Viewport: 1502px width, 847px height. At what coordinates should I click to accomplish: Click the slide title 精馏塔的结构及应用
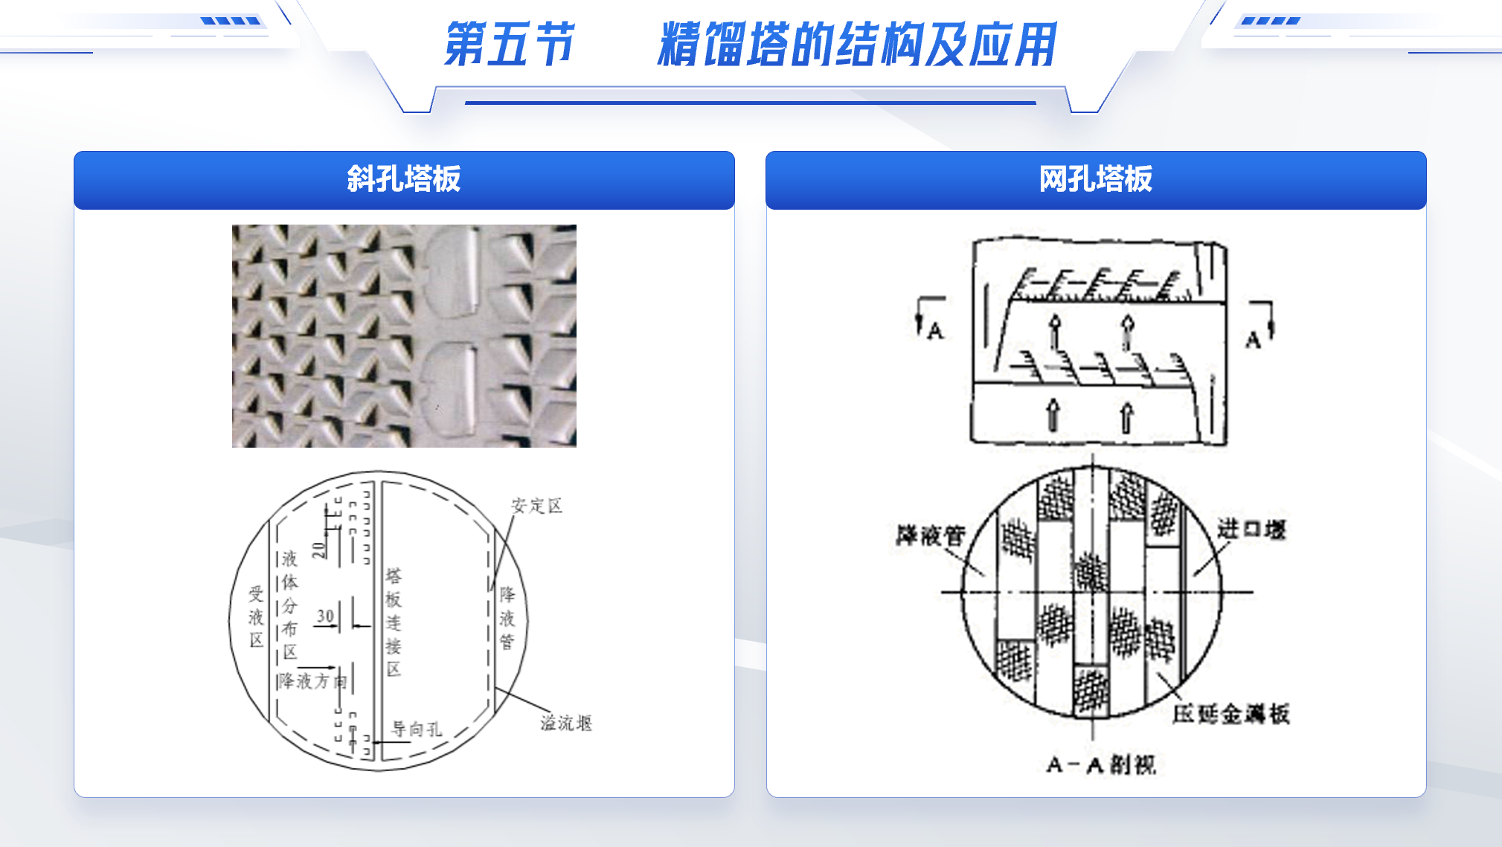coord(856,45)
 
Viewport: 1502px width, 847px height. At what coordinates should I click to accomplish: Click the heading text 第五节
coord(509,45)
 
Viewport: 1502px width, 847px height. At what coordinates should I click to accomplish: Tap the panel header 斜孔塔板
coord(404,179)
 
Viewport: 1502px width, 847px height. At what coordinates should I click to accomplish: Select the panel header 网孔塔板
coord(1095,179)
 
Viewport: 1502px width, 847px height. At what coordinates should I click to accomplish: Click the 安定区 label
coord(536,506)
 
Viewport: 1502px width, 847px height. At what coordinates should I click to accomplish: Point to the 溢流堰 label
coord(566,723)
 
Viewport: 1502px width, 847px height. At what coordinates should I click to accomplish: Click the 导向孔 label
coord(417,730)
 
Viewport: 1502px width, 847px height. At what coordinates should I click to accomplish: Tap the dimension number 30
coord(325,616)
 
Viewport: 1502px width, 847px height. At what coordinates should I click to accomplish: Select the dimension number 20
coord(319,550)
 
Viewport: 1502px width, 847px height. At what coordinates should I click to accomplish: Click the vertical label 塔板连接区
coord(394,622)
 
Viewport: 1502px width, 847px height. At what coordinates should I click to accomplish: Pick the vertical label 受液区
coord(256,616)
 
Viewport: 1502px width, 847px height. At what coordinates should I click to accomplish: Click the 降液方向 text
coord(312,681)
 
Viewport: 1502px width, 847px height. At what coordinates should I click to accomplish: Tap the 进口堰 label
coord(1251,529)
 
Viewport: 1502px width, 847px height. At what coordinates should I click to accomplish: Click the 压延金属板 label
coord(1230,714)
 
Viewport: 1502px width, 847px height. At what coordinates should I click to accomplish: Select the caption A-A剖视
coord(1101,764)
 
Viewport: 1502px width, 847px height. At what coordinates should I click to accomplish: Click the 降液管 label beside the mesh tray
coord(930,535)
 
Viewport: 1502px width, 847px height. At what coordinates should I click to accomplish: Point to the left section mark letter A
coord(935,332)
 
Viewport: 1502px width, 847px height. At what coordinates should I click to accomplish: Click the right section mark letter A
coord(1254,341)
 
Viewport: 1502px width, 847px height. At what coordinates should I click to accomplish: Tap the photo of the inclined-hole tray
coord(404,336)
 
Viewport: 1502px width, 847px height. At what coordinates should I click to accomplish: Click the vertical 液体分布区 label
coord(289,605)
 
